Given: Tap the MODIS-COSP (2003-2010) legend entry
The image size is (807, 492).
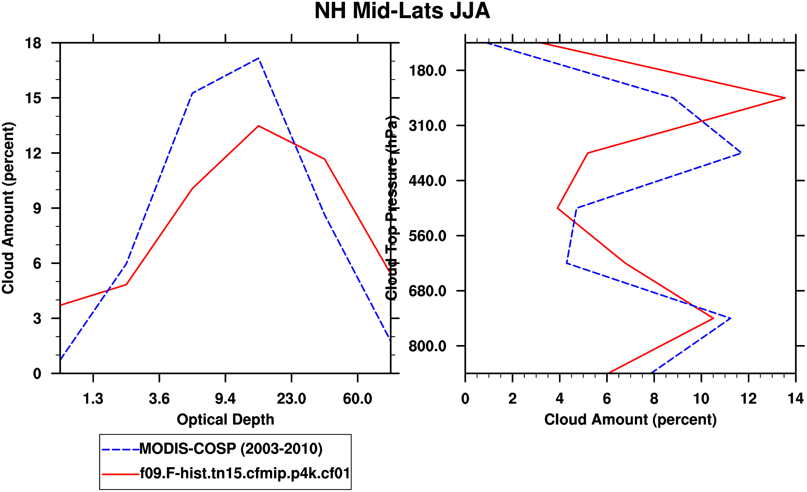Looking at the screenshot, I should click(230, 449).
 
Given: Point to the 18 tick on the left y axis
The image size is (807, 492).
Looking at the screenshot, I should click(33, 43).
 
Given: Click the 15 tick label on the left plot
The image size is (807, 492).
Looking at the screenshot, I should click(33, 98).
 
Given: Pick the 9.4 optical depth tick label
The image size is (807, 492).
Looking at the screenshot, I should click(225, 399).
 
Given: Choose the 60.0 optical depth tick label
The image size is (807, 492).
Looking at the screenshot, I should click(357, 399).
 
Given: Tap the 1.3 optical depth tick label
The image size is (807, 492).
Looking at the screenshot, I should click(93, 399).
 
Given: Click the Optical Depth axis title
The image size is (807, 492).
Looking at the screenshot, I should click(225, 420).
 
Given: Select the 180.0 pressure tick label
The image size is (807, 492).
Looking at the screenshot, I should click(427, 71).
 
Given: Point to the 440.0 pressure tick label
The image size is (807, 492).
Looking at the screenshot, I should click(427, 181).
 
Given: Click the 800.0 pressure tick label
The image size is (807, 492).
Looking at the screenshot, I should click(427, 346).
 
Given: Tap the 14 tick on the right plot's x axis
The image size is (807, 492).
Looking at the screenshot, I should click(795, 399).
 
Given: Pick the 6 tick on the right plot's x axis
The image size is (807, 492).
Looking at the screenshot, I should click(607, 399).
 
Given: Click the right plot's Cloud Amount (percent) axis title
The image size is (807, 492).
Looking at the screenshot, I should click(630, 420).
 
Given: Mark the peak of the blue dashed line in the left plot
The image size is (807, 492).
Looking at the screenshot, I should click(259, 58).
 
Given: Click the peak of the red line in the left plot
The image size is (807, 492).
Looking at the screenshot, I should click(258, 126).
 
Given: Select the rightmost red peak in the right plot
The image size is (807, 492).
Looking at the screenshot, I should click(785, 98).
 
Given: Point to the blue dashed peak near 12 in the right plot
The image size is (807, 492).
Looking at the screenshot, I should click(740, 153).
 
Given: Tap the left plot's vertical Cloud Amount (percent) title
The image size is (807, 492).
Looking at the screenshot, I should click(8, 208).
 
